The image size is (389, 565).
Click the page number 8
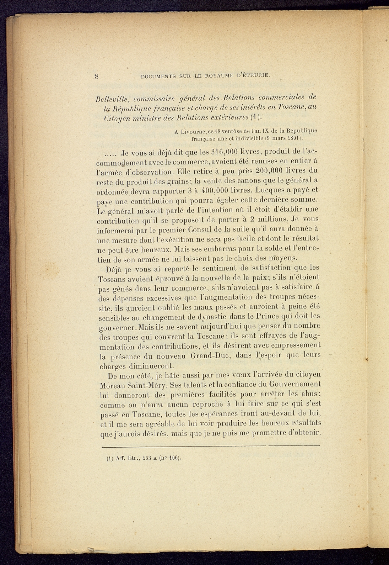coord(97,76)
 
